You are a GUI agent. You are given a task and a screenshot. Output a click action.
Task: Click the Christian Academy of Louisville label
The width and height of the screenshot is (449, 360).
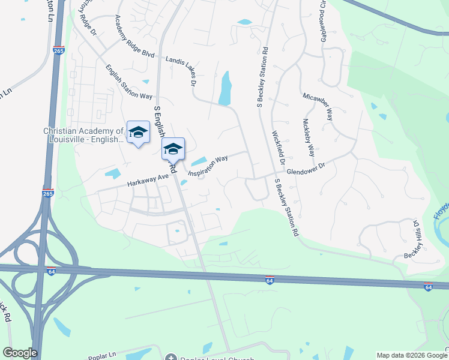(83, 135)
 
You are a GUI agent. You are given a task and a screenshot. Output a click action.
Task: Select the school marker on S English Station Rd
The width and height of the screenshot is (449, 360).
(173, 149)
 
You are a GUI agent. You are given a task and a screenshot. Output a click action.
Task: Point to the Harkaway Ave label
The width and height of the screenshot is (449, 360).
(147, 178)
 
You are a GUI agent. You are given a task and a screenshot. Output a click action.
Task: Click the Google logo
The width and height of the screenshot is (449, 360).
(20, 353)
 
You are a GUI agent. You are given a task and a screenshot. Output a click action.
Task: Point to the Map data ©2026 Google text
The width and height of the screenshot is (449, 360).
(411, 355)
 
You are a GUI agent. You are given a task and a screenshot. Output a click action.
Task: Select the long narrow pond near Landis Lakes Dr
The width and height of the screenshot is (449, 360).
(225, 89)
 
